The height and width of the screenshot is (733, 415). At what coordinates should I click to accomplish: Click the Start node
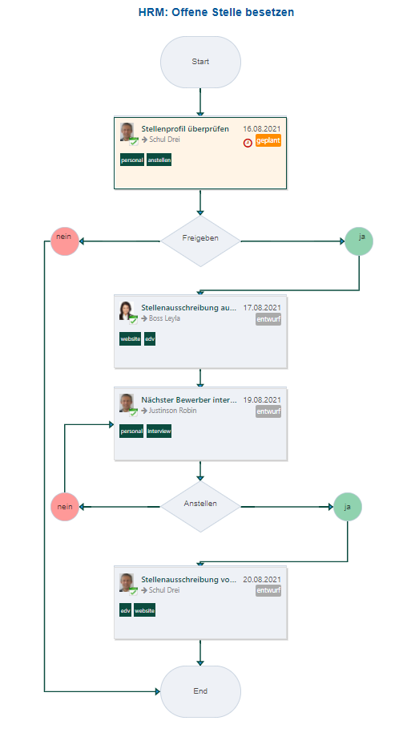(x=200, y=61)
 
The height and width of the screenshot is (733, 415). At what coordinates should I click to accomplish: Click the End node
(x=200, y=690)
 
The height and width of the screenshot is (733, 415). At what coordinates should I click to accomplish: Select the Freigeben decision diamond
(x=200, y=240)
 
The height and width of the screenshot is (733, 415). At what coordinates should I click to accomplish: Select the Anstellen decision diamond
(x=200, y=506)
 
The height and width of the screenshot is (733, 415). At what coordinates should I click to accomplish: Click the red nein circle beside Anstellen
(x=65, y=507)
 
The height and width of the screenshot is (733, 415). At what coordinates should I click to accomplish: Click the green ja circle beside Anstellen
(x=347, y=507)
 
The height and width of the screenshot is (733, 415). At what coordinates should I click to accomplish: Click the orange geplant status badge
(x=268, y=140)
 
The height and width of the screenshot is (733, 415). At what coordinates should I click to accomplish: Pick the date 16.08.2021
(x=262, y=128)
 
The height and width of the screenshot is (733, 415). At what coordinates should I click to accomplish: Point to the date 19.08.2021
(x=262, y=399)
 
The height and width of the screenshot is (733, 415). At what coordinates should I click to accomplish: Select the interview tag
(x=159, y=431)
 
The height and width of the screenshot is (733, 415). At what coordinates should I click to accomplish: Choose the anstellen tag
(x=159, y=160)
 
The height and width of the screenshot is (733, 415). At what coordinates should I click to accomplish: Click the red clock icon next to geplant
(x=248, y=142)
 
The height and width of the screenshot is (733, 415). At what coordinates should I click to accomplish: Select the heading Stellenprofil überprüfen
(x=185, y=128)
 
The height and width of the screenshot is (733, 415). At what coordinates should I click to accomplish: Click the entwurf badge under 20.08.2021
(x=268, y=591)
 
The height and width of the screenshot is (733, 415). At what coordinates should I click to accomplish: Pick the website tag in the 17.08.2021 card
(x=131, y=339)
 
